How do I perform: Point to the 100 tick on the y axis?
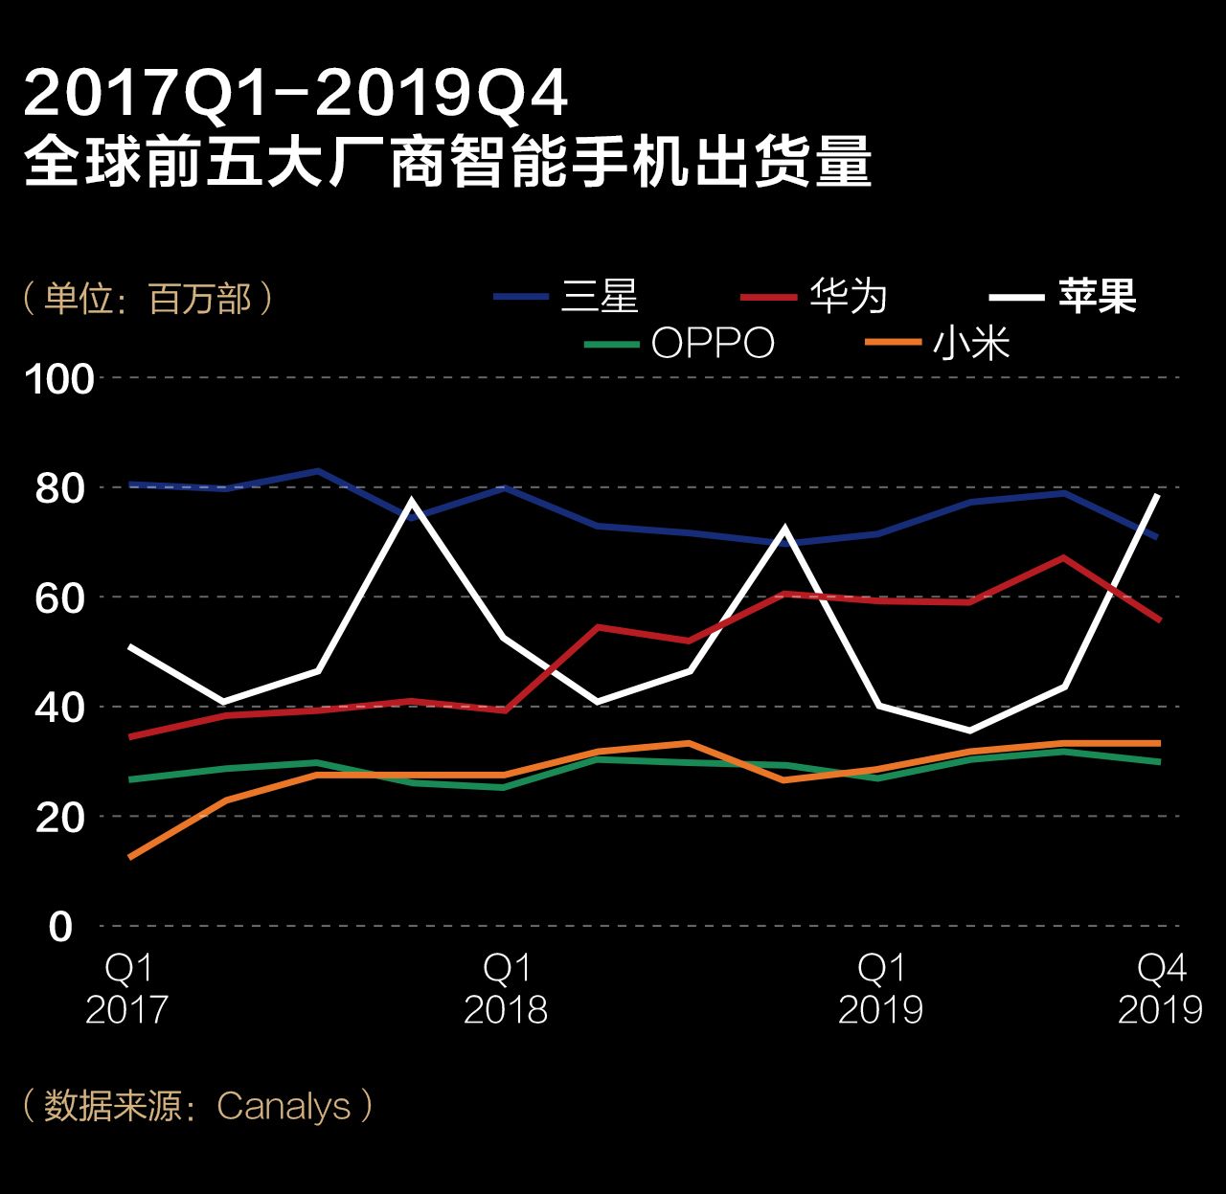point(59,379)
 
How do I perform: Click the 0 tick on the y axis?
point(61,927)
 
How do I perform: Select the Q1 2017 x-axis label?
point(127,989)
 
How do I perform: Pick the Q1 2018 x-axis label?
point(506,989)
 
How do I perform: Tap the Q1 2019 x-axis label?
point(880,989)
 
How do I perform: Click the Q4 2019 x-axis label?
point(1160,989)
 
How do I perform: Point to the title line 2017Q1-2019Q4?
point(296,94)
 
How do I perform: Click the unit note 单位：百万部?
point(148,299)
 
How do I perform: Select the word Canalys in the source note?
point(284,1106)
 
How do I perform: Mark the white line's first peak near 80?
point(411,500)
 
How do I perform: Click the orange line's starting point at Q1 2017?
point(130,857)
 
